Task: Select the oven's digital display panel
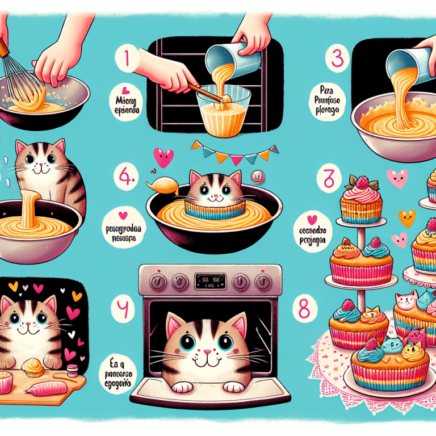[x=210, y=279]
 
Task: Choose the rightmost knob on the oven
[x=263, y=281]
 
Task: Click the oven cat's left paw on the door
[x=181, y=388]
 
